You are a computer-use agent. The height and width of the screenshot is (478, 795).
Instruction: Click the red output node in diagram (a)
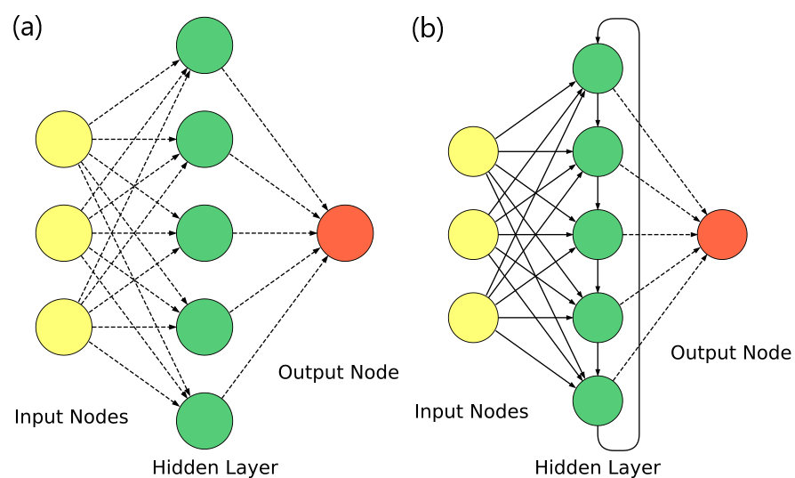(345, 232)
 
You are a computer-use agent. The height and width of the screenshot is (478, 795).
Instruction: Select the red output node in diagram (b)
(722, 235)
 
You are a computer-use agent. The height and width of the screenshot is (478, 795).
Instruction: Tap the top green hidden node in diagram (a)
(205, 45)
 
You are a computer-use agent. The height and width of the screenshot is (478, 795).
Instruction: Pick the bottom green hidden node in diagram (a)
(205, 420)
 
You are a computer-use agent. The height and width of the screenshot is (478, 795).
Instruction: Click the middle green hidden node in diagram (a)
(205, 232)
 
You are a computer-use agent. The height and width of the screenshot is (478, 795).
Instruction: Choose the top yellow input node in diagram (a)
(64, 139)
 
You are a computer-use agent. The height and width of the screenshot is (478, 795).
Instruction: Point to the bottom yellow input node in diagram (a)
(64, 327)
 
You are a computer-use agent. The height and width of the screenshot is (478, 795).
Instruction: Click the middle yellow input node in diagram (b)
(473, 235)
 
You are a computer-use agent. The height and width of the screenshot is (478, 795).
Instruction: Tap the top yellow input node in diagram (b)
(473, 152)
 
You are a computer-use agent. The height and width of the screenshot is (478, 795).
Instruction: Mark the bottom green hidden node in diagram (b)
(598, 401)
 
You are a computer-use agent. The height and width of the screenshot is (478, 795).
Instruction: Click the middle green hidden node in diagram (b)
(598, 235)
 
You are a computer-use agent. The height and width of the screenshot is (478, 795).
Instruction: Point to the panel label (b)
(428, 28)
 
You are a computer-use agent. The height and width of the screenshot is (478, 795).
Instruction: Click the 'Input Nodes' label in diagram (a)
(71, 417)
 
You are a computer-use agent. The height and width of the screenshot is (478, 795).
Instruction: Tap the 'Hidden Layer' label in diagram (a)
(215, 467)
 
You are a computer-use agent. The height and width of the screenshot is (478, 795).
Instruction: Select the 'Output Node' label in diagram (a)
(339, 372)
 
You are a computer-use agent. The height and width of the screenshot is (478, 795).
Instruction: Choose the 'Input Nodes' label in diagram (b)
(471, 411)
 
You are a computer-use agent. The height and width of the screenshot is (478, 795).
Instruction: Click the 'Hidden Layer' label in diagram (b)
(598, 467)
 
